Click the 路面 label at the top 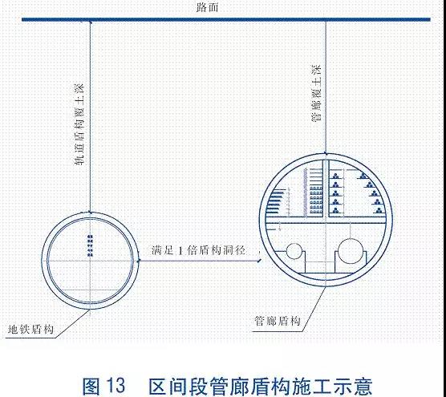207,7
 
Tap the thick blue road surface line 226,19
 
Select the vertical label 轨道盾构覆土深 79,124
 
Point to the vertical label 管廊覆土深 316,93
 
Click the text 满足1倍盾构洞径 198,250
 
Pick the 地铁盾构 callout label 30,330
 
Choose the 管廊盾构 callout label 278,321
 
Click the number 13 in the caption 116,386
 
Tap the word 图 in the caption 91,386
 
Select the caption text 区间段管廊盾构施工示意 260,386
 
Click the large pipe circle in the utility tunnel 351,251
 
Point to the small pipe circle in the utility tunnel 294,251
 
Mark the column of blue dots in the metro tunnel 91,245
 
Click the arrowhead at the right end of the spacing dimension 259,260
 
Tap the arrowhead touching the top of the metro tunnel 90,212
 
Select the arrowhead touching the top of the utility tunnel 326,153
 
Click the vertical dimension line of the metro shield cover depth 90,116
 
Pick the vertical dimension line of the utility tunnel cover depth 326,87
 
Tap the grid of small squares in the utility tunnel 316,200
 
